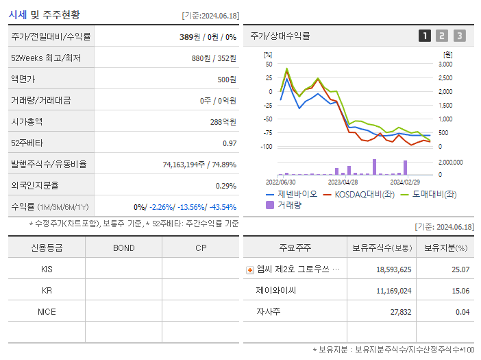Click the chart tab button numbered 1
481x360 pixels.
425,36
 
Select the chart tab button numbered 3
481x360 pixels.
459,36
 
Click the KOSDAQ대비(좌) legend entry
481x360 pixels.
356,194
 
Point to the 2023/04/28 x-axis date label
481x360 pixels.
343,182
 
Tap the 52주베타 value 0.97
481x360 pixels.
230,143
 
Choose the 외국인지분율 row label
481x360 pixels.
35,185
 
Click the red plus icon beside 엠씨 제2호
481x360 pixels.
249,270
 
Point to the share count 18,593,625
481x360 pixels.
394,270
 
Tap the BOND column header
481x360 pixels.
123,248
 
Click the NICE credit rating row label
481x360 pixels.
47,312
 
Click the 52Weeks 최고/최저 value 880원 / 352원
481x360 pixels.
214,58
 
